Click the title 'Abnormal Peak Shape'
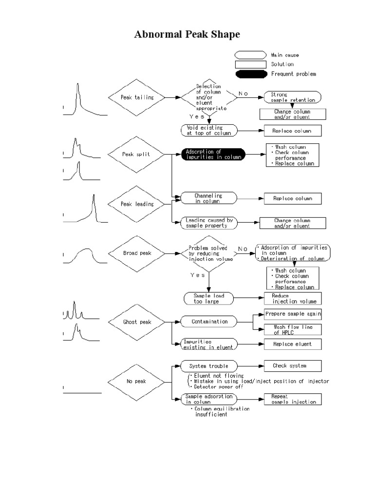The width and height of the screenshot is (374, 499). [187, 36]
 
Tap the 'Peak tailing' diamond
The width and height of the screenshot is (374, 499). [137, 97]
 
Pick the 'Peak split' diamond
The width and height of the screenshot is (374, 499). [137, 154]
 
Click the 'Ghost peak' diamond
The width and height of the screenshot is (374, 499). [137, 322]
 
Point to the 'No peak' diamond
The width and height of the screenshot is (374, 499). [137, 381]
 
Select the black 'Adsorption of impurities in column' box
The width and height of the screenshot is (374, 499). [213, 154]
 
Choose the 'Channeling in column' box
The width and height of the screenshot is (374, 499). [208, 198]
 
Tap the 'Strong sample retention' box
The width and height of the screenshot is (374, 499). [293, 97]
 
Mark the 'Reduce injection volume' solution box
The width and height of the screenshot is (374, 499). [293, 299]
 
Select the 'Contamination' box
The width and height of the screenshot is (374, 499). [209, 322]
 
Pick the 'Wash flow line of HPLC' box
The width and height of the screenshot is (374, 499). [293, 329]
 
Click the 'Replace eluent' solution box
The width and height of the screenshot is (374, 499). [293, 344]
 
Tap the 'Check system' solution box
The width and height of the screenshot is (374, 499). [293, 365]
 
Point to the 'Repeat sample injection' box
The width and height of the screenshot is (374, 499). [293, 399]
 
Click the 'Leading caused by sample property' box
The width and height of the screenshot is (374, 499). [209, 223]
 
